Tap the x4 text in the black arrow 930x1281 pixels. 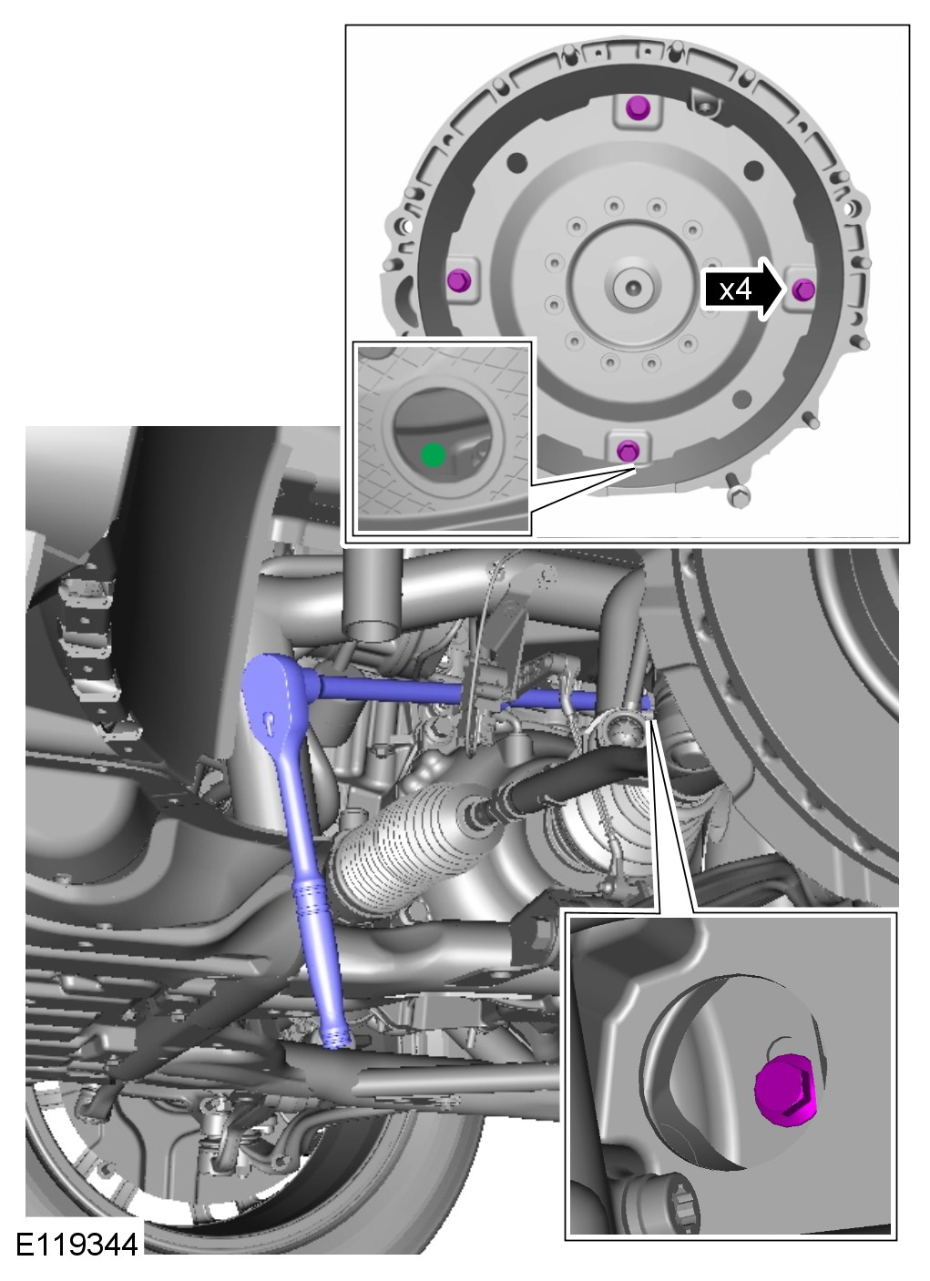pyautogui.click(x=735, y=290)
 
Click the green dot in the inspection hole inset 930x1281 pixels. pyautogui.click(x=433, y=455)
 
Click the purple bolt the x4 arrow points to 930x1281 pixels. pyautogui.click(x=803, y=290)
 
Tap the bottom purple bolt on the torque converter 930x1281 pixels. pyautogui.click(x=628, y=451)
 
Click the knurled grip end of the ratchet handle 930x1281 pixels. pyautogui.click(x=338, y=1038)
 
